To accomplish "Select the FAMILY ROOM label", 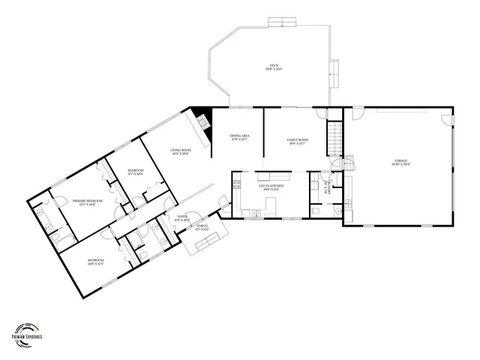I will [x=298, y=141].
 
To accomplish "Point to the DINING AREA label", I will [x=238, y=137].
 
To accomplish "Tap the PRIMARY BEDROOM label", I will [x=88, y=202].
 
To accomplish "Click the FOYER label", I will [x=182, y=218].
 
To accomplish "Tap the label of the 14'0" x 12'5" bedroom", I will [x=95, y=262].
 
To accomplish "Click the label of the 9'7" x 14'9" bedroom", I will [x=135, y=172].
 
